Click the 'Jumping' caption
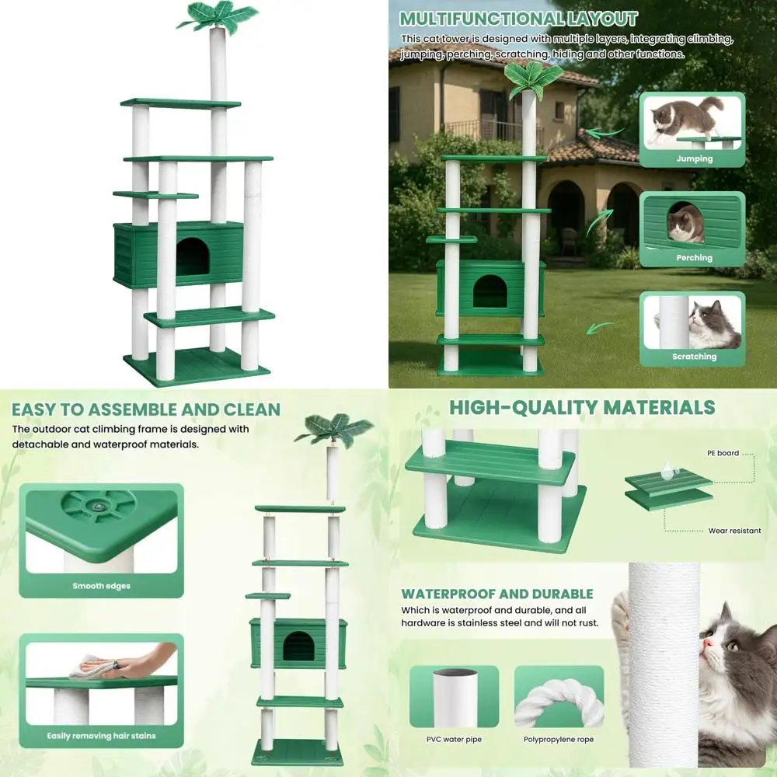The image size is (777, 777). point(694,159)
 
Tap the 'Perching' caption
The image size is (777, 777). point(694,258)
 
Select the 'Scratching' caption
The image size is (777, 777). point(694,357)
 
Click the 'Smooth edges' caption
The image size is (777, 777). point(101,587)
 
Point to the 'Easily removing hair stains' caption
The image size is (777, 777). point(101,736)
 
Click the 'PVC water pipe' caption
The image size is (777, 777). point(454,739)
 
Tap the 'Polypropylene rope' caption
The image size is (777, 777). point(559,739)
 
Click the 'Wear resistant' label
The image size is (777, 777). point(734,531)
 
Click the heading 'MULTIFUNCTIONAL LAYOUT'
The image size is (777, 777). point(518,19)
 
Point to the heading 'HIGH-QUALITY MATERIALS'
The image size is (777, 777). point(582,407)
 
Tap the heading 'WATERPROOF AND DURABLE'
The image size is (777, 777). point(497,594)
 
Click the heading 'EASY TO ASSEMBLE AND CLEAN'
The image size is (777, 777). point(146,409)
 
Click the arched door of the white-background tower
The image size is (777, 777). point(191,256)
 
